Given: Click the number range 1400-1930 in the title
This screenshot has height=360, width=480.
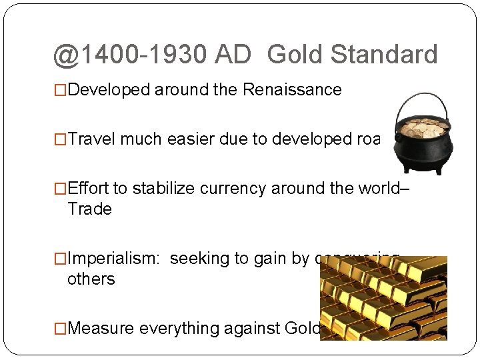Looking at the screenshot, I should (142, 55).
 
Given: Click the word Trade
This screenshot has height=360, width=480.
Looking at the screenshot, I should (89, 209).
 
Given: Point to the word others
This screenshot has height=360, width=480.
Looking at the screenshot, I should (91, 279).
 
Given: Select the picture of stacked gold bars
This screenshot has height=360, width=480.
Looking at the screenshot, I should (383, 298).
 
